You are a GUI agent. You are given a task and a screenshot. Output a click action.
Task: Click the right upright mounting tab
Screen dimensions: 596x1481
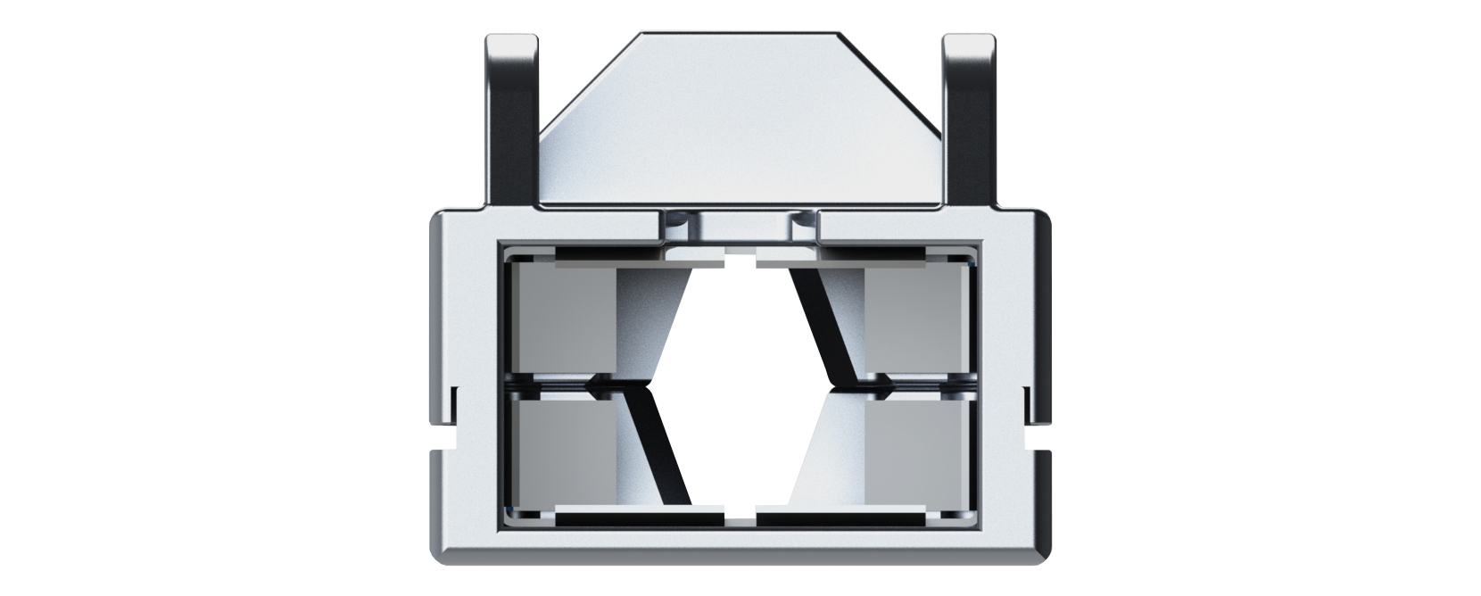970,116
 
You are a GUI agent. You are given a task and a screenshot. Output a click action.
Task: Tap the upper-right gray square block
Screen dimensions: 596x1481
917,321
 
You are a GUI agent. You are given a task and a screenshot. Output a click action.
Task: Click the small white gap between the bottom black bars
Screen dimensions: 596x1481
740,517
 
